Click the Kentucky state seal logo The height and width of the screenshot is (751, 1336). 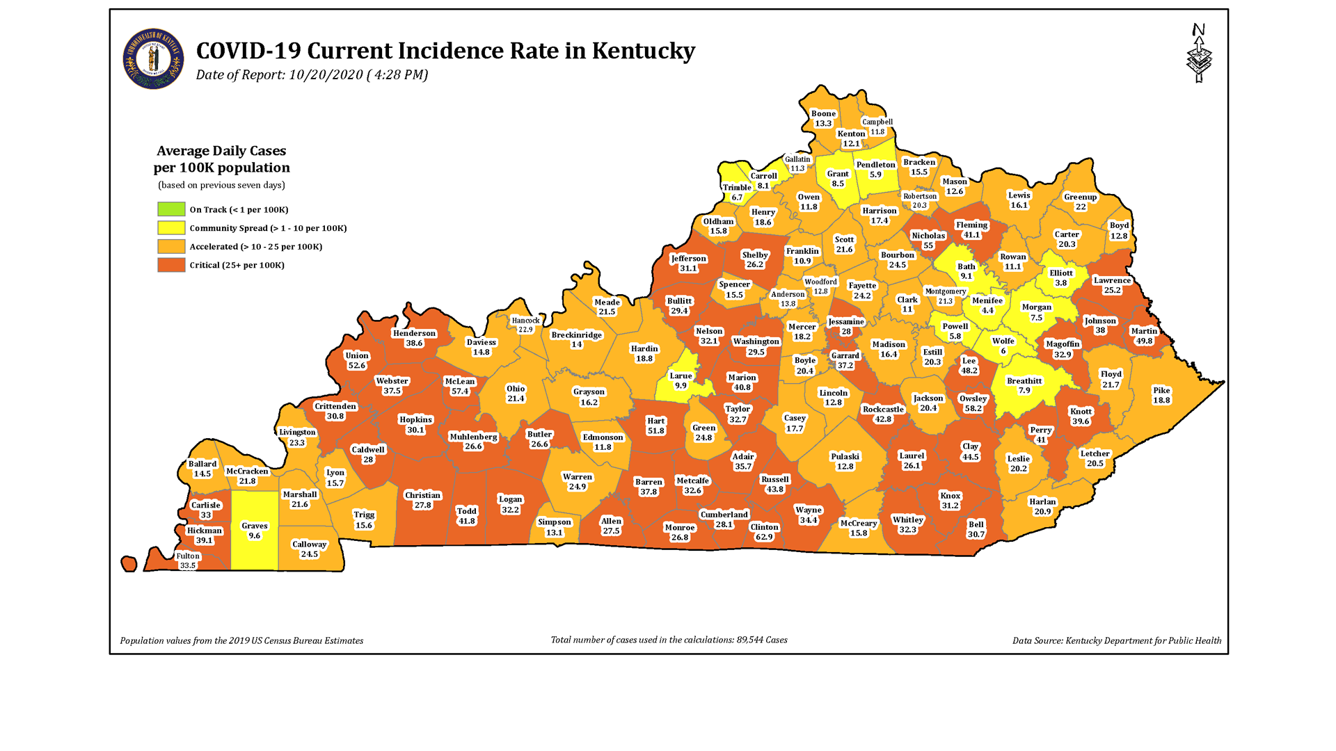[x=153, y=59]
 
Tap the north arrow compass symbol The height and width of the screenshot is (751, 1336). [x=1198, y=54]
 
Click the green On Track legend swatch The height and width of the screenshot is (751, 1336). [x=171, y=209]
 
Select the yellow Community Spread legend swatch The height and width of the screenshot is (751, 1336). [x=171, y=228]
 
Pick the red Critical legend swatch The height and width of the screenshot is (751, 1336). [x=171, y=265]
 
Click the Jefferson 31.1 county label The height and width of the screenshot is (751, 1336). [x=688, y=264]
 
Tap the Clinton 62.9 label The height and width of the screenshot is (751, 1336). [x=764, y=532]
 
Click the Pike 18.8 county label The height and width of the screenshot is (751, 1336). [x=1161, y=395]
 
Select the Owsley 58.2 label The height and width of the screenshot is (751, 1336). [x=973, y=403]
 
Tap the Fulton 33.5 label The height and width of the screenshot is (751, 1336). [x=188, y=560]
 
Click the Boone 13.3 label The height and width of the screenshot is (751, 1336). [x=823, y=118]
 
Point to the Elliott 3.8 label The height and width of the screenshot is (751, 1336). [x=1061, y=278]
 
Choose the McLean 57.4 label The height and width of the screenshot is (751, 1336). [x=460, y=387]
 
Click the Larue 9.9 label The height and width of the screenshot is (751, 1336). [x=681, y=380]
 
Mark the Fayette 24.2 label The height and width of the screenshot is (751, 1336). [x=862, y=291]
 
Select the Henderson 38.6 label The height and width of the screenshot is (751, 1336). [x=414, y=338]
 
